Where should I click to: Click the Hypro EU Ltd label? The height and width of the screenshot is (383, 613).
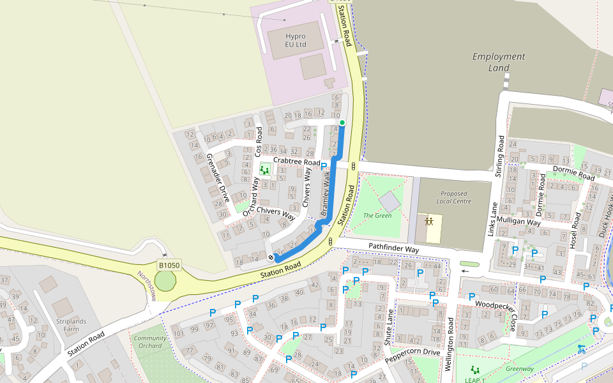[296, 41]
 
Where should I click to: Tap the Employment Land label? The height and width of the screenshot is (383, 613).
[499, 62]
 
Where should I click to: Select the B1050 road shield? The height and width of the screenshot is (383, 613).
[169, 265]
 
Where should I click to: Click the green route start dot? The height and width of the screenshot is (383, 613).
[342, 123]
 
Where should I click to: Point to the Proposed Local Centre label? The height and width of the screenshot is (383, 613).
[454, 197]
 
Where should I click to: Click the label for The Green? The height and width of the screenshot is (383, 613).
[377, 216]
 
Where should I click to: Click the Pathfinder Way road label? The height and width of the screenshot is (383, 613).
[393, 247]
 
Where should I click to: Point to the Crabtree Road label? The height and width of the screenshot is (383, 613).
[296, 162]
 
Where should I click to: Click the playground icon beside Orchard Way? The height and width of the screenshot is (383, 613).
[264, 170]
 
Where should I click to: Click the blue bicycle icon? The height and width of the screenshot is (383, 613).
[581, 349]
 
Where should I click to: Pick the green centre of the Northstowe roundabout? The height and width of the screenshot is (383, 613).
[165, 281]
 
